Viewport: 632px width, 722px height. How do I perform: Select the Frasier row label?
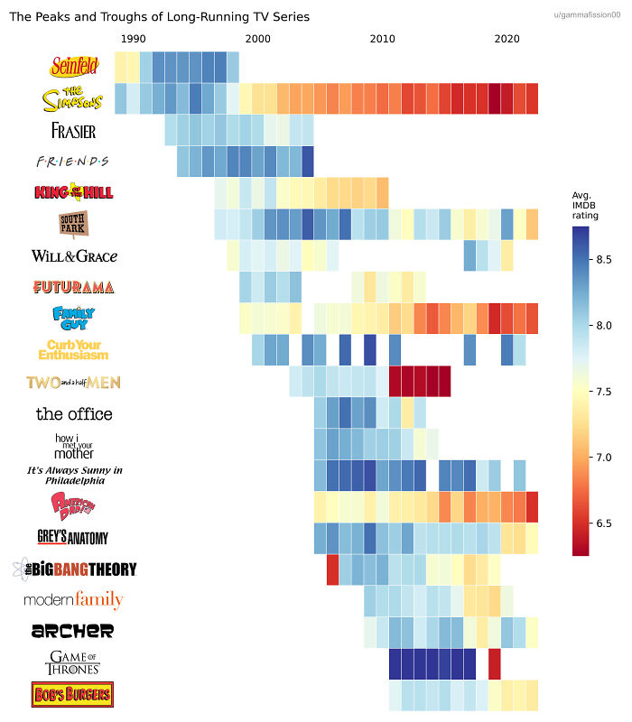[73, 130]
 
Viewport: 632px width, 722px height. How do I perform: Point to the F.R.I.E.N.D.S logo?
[71, 162]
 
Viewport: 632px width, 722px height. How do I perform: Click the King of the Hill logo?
[73, 192]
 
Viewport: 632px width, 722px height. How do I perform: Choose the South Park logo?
[72, 224]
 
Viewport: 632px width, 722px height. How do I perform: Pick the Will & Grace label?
[74, 255]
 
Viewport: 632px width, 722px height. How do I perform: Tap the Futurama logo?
[73, 287]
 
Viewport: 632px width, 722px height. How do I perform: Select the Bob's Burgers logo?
[72, 695]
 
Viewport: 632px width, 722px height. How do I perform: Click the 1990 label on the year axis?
[133, 39]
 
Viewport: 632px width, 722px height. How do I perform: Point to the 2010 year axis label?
[382, 39]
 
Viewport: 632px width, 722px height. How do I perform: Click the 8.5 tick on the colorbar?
[605, 260]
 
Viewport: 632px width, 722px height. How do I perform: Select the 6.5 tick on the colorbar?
[605, 523]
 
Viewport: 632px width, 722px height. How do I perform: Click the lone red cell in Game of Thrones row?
[495, 663]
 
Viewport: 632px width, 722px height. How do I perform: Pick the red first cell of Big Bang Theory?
[332, 569]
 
